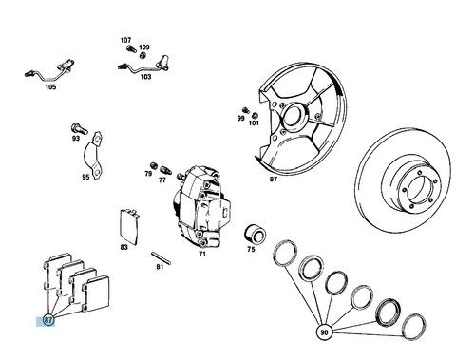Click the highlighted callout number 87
[47, 320]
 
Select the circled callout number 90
[324, 332]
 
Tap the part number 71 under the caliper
[202, 254]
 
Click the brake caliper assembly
[201, 207]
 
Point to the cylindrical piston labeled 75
[255, 235]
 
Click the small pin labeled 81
[161, 257]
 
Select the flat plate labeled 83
[129, 227]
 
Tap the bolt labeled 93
[79, 129]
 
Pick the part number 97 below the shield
[274, 180]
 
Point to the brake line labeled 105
[50, 71]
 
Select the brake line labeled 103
[144, 66]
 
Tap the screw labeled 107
[131, 48]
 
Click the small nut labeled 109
[142, 56]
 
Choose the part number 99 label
[241, 119]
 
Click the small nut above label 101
[255, 115]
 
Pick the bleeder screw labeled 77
[165, 170]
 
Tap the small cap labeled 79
[154, 165]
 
